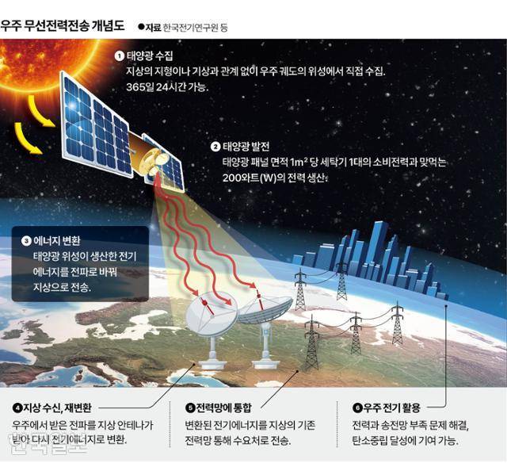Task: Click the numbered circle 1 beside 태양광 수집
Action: tap(119, 55)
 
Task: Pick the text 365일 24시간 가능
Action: tap(166, 87)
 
